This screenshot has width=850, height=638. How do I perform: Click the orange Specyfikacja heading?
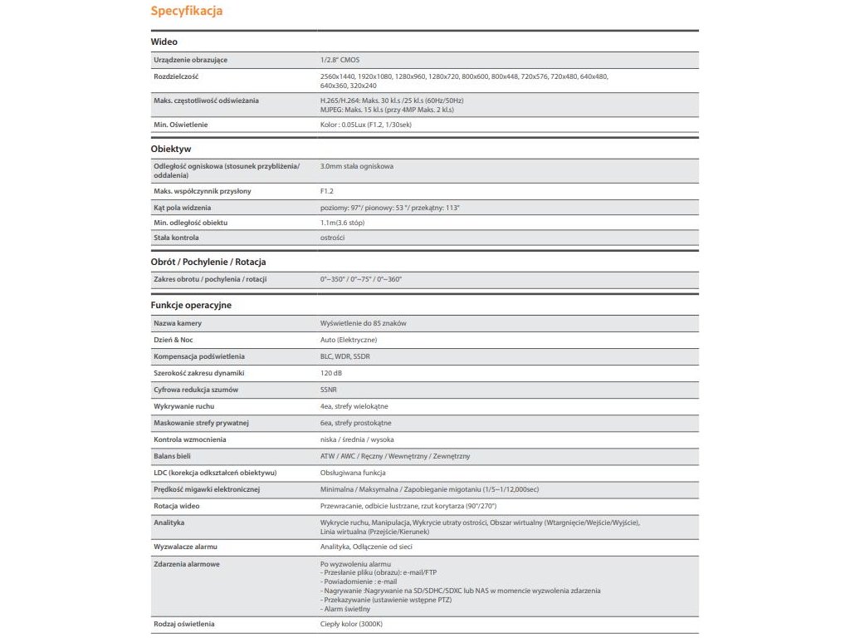coord(186,12)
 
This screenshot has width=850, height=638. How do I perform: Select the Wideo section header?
coord(164,42)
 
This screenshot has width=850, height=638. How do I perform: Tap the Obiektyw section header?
coord(171,149)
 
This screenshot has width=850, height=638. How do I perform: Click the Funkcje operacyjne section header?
coord(191,305)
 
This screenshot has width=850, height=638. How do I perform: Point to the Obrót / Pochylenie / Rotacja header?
coord(208,262)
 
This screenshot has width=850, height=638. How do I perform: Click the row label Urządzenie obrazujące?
coord(191,60)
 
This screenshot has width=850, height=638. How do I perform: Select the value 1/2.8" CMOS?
coord(340,60)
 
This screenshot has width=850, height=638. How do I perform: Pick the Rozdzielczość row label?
coord(176,76)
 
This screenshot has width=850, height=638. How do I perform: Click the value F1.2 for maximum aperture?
coord(327,191)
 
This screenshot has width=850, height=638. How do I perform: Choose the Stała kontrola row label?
coord(176,238)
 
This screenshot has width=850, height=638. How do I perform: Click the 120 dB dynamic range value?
coord(330,373)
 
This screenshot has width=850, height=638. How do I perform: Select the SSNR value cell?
coord(329,390)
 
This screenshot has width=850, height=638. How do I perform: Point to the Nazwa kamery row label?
coord(178,322)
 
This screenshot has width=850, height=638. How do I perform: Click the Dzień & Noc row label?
coord(173,340)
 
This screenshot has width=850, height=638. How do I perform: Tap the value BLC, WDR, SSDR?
coord(345,356)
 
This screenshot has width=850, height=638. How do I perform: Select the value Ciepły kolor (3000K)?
coord(351,624)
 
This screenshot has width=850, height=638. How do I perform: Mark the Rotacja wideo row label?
coord(177,506)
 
